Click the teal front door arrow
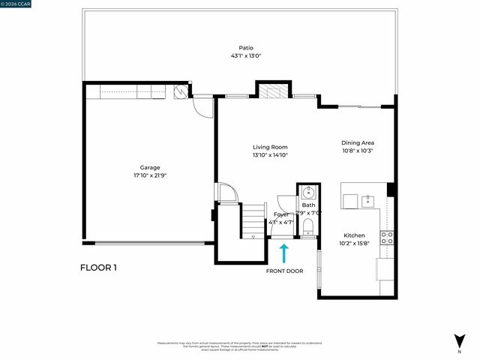[x=284, y=253]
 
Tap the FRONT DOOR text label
[x=284, y=271]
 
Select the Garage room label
[x=150, y=167]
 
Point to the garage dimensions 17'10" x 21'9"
[x=150, y=175]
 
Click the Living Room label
[x=270, y=147]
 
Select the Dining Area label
[x=358, y=142]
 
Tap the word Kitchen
[x=354, y=235]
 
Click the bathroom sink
[x=308, y=191]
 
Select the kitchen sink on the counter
[x=369, y=200]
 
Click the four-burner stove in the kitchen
[x=387, y=238]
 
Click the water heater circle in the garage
[x=181, y=91]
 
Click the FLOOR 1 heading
[x=98, y=268]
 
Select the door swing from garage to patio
[x=202, y=106]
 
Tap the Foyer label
[x=281, y=215]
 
